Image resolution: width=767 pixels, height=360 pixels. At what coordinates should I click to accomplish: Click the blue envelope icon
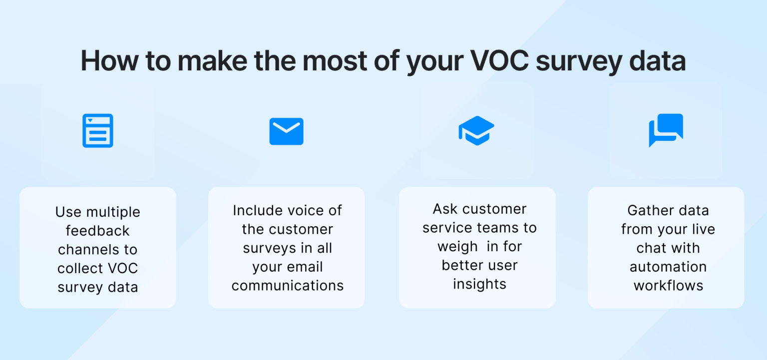[286, 131]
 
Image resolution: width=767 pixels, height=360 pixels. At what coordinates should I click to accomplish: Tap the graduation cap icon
[476, 130]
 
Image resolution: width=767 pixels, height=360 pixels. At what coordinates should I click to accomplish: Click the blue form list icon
[98, 131]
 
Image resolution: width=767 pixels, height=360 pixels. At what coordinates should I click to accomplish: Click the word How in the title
[109, 61]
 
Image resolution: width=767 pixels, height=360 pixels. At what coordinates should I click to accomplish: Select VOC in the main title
[500, 61]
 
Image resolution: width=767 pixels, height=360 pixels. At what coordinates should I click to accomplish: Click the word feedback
[98, 231]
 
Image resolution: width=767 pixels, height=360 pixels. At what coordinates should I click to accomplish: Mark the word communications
[288, 286]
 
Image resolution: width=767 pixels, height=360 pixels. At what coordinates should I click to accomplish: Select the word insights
[479, 284]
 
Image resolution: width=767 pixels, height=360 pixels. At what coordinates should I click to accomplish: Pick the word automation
[668, 267]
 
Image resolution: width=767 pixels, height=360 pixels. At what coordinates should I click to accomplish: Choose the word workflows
[668, 286]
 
